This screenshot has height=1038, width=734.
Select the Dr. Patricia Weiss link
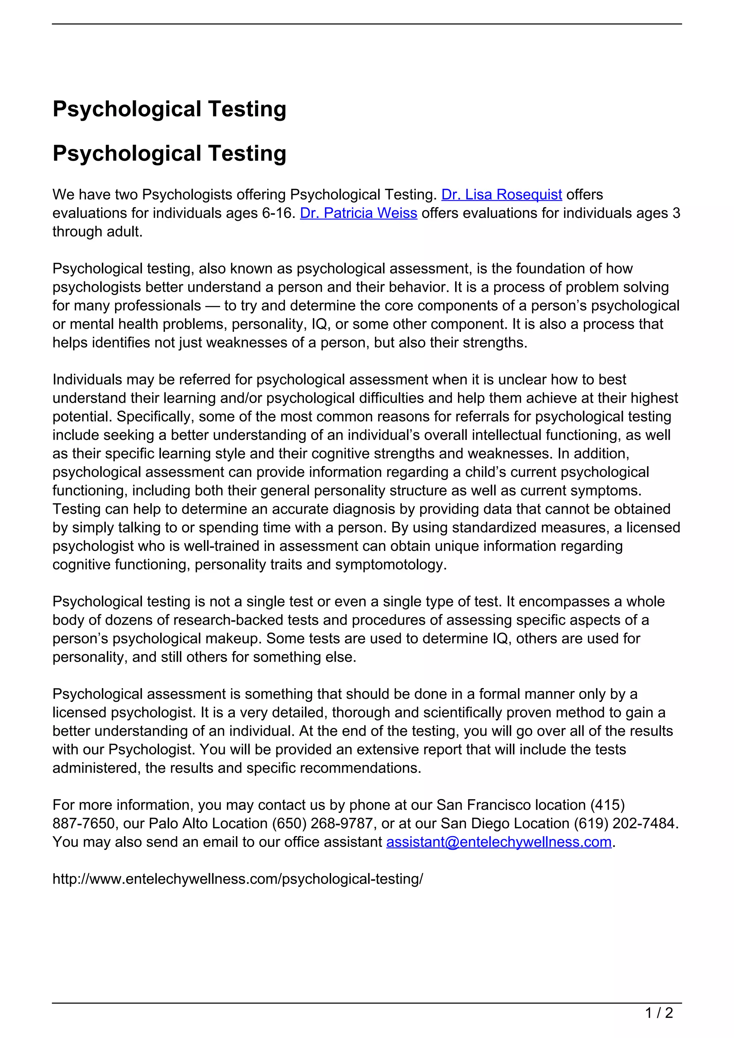pos(358,213)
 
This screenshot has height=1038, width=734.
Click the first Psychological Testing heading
pos(170,109)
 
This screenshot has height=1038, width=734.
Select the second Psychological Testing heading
pos(170,153)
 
